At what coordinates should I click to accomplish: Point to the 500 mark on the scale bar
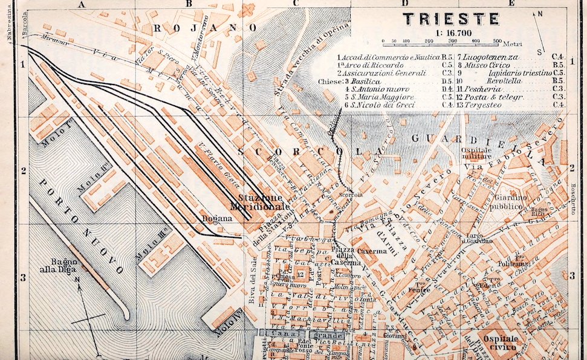[496, 41]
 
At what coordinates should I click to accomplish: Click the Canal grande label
[301, 334]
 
